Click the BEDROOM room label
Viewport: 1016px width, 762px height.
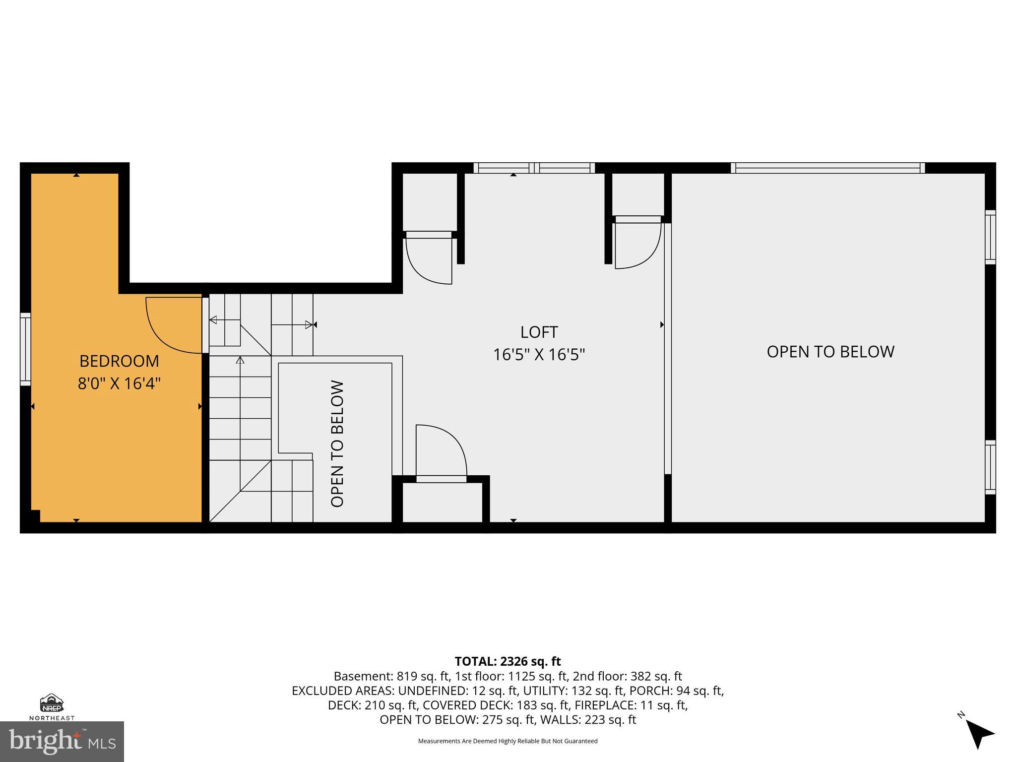point(119,361)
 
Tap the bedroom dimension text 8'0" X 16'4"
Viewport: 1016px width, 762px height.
point(119,383)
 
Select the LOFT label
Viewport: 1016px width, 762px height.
point(539,332)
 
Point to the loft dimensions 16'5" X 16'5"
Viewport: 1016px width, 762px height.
point(539,355)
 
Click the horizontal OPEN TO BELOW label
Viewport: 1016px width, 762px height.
point(830,352)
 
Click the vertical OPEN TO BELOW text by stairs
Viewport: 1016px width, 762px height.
point(337,444)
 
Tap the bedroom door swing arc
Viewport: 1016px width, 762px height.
point(169,327)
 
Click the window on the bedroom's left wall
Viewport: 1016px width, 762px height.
point(25,349)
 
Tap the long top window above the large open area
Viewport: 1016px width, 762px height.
point(827,168)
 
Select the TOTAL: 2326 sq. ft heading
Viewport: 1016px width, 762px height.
point(508,661)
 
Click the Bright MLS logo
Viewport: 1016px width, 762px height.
point(62,741)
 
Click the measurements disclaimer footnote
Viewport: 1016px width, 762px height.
point(508,741)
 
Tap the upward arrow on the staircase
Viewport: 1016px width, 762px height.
point(241,360)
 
